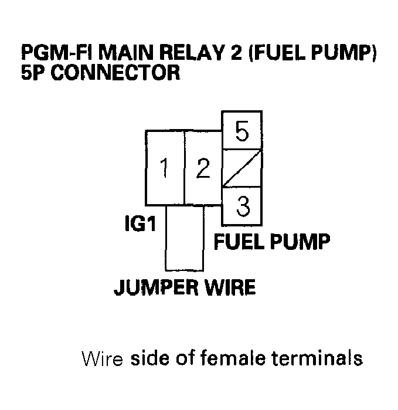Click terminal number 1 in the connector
[165, 167]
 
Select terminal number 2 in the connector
[203, 167]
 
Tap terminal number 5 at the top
[242, 130]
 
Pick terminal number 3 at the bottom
[242, 206]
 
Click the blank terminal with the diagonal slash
[242, 168]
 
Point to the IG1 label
[140, 223]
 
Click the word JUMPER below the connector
[156, 287]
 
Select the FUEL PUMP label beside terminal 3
[272, 241]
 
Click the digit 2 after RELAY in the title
[236, 53]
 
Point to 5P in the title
[33, 72]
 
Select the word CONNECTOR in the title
[115, 72]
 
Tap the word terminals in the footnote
[317, 357]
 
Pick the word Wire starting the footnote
[102, 358]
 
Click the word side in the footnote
[150, 357]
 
